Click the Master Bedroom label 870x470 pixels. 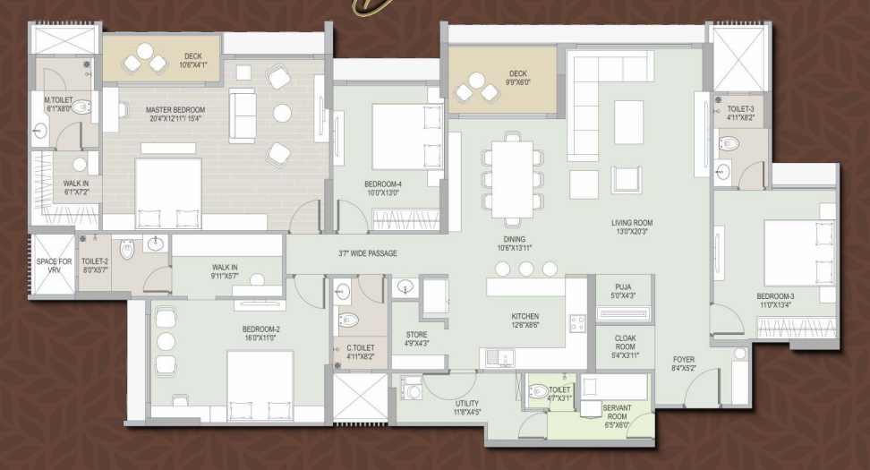pyautogui.click(x=175, y=110)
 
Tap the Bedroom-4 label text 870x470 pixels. pyautogui.click(x=383, y=184)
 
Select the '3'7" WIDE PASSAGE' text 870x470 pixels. pyautogui.click(x=368, y=253)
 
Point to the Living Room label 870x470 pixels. pyautogui.click(x=632, y=223)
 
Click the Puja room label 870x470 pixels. pyautogui.click(x=623, y=286)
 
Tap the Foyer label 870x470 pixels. pyautogui.click(x=684, y=360)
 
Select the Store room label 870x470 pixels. pyautogui.click(x=417, y=335)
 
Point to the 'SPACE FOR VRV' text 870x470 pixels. pyautogui.click(x=54, y=266)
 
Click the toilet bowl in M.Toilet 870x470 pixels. pyautogui.click(x=81, y=107)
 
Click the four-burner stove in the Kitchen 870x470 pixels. pyautogui.click(x=577, y=323)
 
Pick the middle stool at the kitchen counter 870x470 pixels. pyautogui.click(x=526, y=269)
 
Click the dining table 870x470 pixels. pyautogui.click(x=512, y=180)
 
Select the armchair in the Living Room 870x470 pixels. pyautogui.click(x=626, y=179)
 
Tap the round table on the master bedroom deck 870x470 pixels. pyautogui.click(x=145, y=52)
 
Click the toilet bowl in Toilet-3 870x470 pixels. pyautogui.click(x=729, y=144)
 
